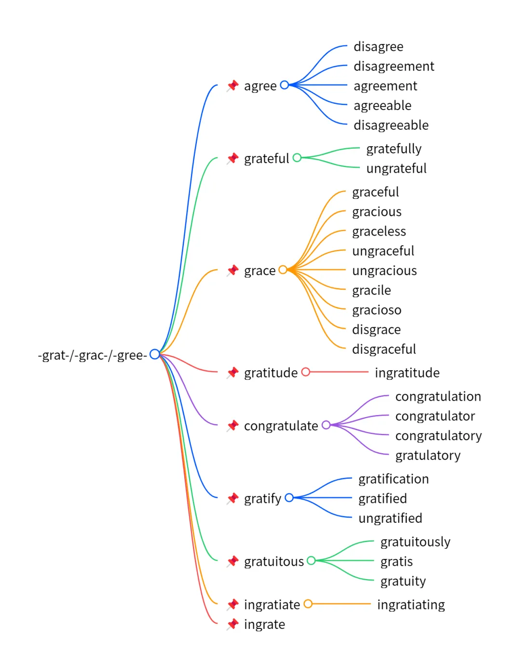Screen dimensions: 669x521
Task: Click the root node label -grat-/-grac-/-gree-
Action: click(92, 355)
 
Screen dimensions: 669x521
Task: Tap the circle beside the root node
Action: click(154, 354)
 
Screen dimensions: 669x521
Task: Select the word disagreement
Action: click(394, 66)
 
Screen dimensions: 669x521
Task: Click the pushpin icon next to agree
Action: click(233, 86)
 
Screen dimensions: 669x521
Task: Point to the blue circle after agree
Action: click(285, 85)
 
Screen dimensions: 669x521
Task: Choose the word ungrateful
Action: click(396, 168)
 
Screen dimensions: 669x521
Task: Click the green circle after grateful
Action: click(297, 158)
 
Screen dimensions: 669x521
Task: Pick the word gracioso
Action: click(376, 310)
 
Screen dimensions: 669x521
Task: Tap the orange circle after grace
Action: click(283, 270)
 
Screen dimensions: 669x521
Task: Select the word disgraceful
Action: click(384, 349)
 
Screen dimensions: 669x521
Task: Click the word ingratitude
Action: click(407, 373)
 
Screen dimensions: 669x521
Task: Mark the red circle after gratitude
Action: click(305, 372)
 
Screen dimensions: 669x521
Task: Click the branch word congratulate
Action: click(281, 426)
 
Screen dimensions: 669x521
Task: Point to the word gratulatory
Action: click(428, 455)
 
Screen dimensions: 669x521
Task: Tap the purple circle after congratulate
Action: click(326, 425)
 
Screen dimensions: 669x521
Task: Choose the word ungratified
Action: click(390, 518)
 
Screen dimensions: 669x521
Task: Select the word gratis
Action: click(397, 561)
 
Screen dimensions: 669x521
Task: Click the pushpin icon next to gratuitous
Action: click(233, 561)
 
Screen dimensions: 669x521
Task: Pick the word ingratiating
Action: click(411, 605)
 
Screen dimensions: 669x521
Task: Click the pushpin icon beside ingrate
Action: click(233, 624)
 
